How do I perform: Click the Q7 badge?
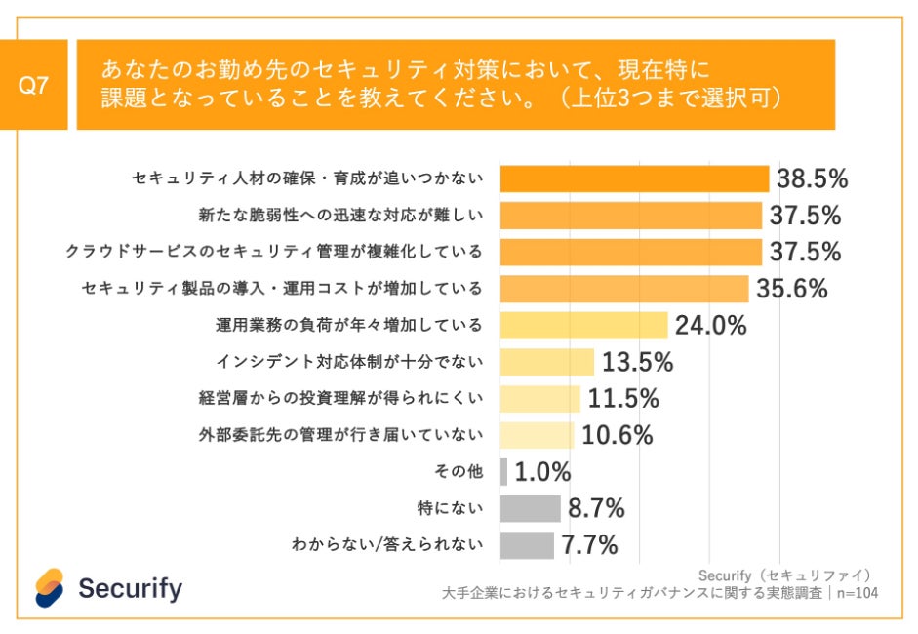[34, 85]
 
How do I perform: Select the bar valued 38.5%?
[634, 178]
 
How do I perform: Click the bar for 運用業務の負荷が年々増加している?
[583, 325]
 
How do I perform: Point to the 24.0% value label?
[710, 326]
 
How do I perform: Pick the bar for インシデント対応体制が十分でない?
[546, 362]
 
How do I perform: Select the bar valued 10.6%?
[537, 435]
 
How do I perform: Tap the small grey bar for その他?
[503, 472]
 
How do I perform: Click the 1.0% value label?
[541, 472]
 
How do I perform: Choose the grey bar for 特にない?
[530, 508]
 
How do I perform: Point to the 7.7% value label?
[589, 545]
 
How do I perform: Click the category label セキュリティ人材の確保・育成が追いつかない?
[307, 178]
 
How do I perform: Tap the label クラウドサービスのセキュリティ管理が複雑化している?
[274, 252]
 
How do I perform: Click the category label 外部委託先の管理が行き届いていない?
[339, 435]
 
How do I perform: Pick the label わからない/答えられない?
[387, 545]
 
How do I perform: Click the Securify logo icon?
[50, 587]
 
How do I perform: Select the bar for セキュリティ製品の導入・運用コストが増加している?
[623, 289]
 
